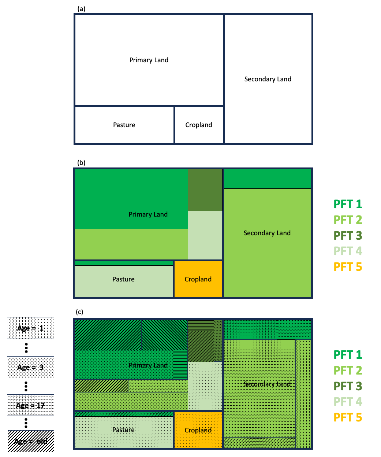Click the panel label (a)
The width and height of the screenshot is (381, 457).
[81, 9]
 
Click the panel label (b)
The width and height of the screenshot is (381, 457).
[81, 163]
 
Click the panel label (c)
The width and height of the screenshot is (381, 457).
[79, 312]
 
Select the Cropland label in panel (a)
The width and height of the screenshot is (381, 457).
[199, 125]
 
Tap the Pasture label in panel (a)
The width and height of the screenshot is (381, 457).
[124, 125]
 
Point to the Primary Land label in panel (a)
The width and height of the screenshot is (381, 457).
[149, 60]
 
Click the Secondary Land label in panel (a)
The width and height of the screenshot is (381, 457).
[268, 79]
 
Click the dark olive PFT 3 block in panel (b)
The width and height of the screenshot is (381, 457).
[205, 190]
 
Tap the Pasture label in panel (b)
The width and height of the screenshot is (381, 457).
[123, 279]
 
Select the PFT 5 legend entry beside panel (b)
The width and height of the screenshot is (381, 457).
[348, 267]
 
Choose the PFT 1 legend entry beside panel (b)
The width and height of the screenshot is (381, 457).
[348, 204]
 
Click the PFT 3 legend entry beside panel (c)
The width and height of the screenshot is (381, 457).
[348, 386]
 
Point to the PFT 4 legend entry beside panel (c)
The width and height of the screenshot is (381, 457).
[348, 402]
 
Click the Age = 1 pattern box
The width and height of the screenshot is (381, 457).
[30, 328]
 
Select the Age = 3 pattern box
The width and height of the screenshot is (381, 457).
[30, 367]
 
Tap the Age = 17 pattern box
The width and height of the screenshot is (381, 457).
[30, 405]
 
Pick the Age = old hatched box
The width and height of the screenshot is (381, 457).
[31, 441]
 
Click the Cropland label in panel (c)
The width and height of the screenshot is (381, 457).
[198, 430]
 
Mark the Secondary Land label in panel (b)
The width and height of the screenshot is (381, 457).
[267, 233]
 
